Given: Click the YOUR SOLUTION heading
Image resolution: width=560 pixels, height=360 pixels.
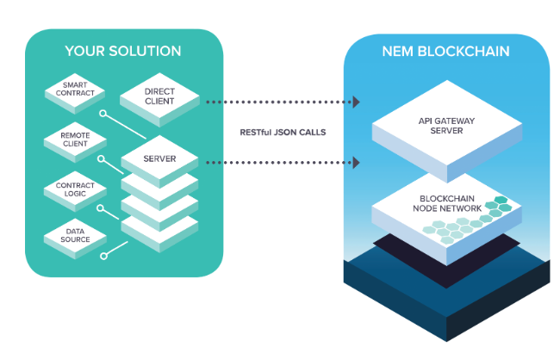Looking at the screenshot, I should point(123,52).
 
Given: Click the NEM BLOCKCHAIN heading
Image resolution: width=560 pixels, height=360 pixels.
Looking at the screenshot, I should point(445,52).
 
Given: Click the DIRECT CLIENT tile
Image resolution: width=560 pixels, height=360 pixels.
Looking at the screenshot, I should point(159,96).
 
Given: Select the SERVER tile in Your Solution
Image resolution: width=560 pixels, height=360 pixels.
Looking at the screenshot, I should point(159,160).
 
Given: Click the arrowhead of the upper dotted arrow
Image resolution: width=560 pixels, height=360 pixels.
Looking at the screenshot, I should point(356,102).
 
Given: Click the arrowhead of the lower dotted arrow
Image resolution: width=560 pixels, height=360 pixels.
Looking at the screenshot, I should point(356,162).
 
